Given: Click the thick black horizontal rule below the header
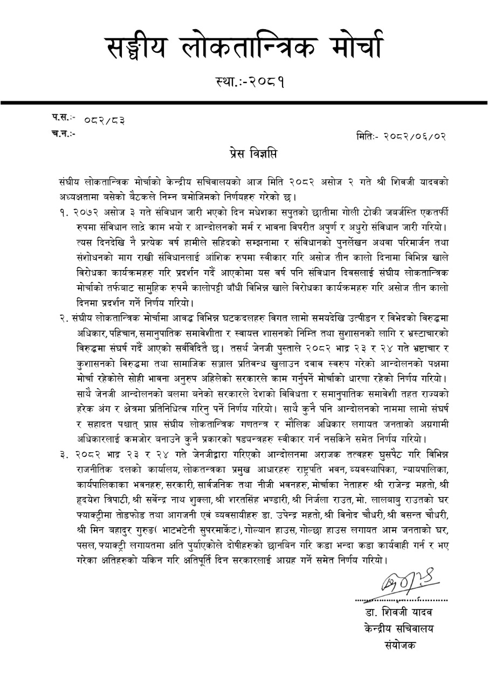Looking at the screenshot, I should (244, 102).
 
